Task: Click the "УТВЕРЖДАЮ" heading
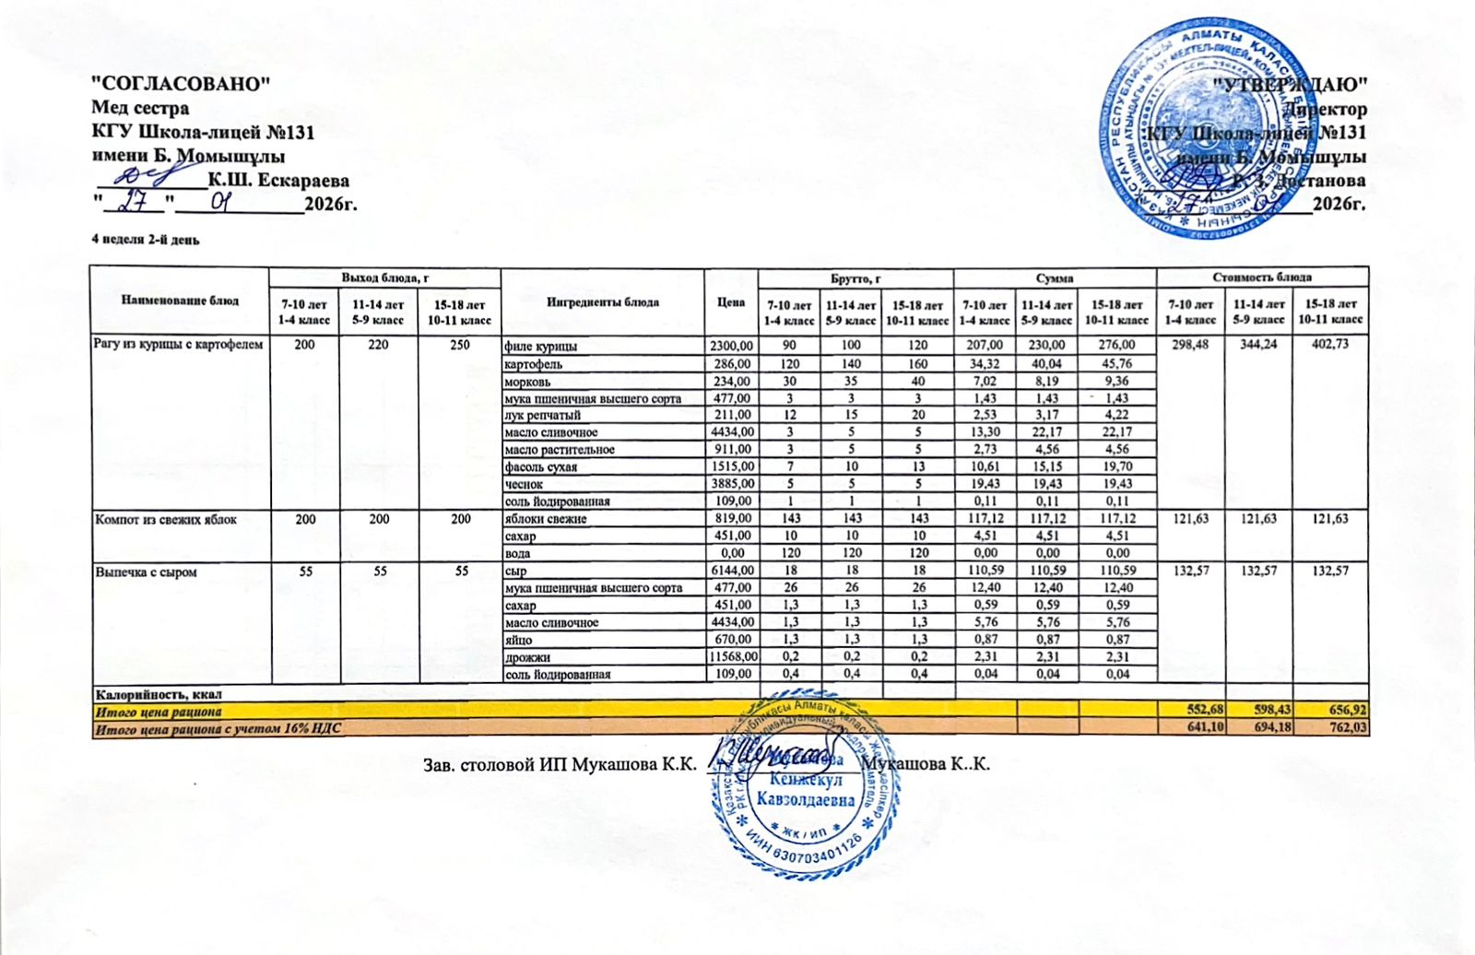(x=1290, y=85)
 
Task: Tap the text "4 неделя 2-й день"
(x=145, y=240)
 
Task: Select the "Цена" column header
(x=730, y=301)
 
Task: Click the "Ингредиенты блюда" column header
(x=602, y=301)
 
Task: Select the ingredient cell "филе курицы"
(x=541, y=347)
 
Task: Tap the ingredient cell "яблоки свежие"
(x=545, y=519)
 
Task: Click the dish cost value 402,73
(x=1330, y=345)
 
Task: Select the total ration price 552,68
(x=1190, y=711)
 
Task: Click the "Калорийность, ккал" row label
(x=159, y=693)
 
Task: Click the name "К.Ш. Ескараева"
(x=278, y=180)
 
